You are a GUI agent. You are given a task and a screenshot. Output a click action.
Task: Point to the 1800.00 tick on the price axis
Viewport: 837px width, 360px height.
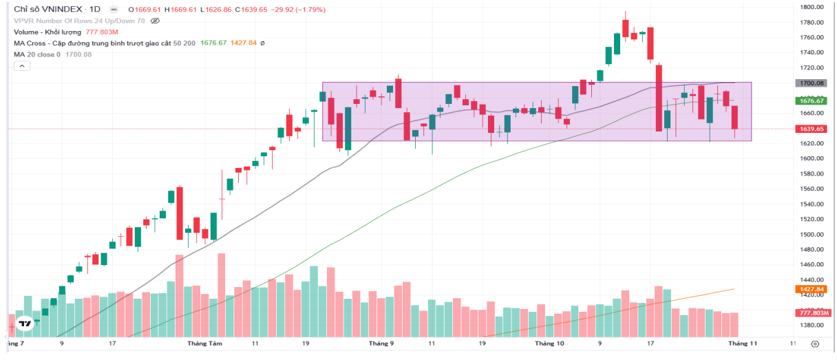point(812,8)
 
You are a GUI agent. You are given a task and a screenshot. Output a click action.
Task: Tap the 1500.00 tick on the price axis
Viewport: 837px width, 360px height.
point(812,235)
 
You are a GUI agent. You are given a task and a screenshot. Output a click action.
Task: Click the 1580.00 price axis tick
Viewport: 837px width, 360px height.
point(812,174)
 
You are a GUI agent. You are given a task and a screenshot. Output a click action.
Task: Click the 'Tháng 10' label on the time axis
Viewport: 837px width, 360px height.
point(550,343)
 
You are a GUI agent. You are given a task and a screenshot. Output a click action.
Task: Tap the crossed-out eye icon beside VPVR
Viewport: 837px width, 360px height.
point(155,21)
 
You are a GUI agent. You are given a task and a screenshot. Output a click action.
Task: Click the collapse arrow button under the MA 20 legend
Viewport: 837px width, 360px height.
point(21,65)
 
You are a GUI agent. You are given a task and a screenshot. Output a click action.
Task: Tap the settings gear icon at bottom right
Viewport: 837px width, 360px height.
point(815,343)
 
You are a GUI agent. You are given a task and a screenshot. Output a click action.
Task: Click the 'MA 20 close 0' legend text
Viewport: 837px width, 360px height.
point(37,54)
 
